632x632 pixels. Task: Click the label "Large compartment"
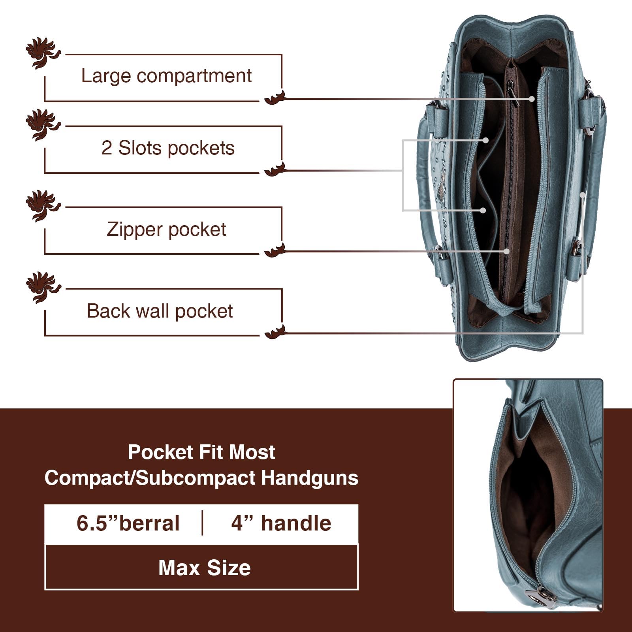click(x=166, y=76)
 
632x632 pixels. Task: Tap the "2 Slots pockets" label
click(x=168, y=148)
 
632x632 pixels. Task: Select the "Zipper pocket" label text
click(x=166, y=229)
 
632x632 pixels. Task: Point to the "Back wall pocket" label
click(x=160, y=311)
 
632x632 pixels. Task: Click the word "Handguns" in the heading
click(x=309, y=478)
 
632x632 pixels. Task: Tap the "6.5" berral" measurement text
click(x=128, y=523)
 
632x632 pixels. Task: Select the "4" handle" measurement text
click(x=281, y=523)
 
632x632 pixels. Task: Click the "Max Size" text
click(x=204, y=568)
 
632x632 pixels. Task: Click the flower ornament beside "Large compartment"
click(x=42, y=53)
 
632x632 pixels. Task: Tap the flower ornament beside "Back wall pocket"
click(x=42, y=287)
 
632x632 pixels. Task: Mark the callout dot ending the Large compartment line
click(x=532, y=99)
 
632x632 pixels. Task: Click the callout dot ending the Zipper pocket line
click(x=506, y=251)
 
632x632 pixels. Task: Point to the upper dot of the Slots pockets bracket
click(x=486, y=140)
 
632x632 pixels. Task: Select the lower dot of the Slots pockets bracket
click(x=483, y=211)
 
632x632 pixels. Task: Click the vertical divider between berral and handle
click(x=203, y=523)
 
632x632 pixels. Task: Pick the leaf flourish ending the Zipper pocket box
click(x=275, y=250)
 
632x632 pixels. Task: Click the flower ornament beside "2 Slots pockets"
click(x=42, y=125)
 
